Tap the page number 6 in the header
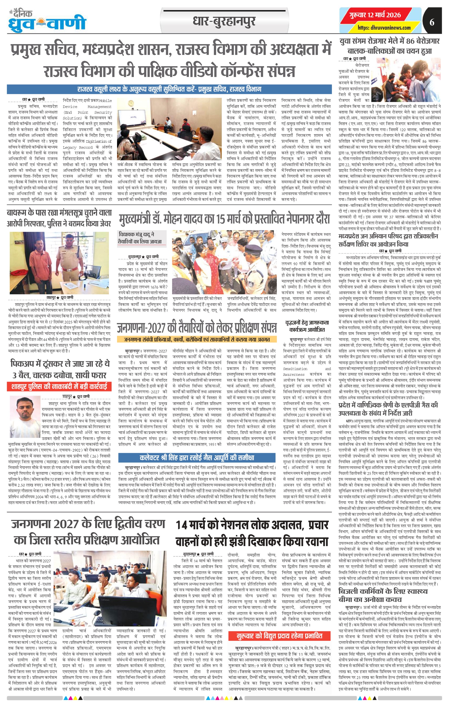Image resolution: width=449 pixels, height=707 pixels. click(432, 22)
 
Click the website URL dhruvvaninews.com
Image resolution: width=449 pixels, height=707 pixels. click(384, 28)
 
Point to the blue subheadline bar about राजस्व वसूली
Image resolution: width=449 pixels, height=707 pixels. click(169, 89)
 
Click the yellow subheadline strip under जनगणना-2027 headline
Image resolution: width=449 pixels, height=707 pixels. click(197, 339)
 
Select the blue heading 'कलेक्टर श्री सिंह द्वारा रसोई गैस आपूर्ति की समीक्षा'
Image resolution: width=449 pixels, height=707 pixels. click(197, 457)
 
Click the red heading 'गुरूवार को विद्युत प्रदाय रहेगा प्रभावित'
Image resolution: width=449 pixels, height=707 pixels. click(279, 636)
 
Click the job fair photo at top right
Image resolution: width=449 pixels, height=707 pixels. click(406, 79)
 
